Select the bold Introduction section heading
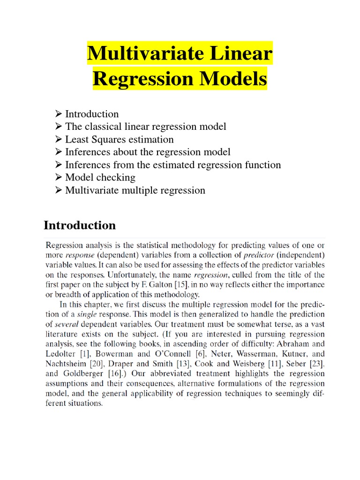point(80,225)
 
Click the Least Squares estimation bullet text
point(119,139)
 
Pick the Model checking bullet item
point(100,177)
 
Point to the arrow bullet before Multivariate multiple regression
point(59,190)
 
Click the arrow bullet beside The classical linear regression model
point(59,127)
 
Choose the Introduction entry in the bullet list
point(92,114)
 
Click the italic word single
point(89,314)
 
